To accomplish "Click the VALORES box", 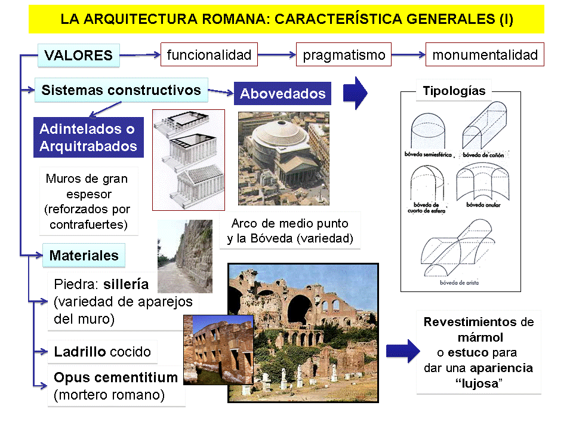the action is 78,56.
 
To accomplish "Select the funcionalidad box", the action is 209,55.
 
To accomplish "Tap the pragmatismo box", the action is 344,56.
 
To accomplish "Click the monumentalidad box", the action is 485,56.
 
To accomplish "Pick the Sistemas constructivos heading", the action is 121,90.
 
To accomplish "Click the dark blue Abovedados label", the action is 282,94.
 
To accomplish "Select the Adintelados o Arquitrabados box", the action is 88,137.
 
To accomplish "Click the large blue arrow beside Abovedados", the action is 356,93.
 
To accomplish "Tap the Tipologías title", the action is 454,91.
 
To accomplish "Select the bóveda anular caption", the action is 482,204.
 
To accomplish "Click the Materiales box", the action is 84,256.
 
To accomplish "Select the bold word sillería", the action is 126,284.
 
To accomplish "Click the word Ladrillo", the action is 76,351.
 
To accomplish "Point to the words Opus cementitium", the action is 116,377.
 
